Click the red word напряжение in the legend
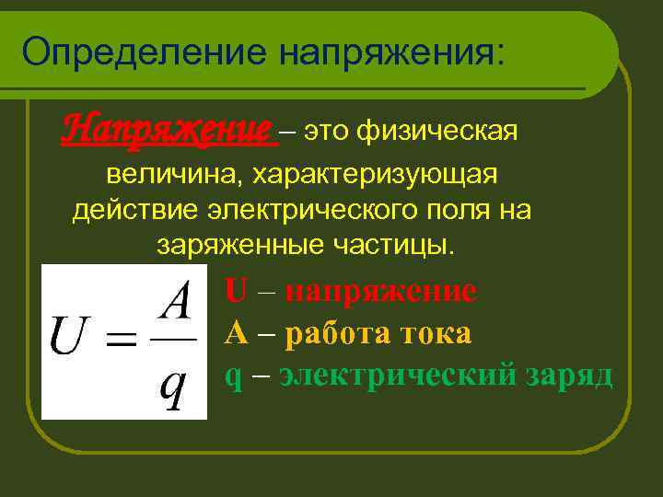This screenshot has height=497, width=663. (x=380, y=291)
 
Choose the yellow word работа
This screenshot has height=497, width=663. (x=337, y=332)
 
